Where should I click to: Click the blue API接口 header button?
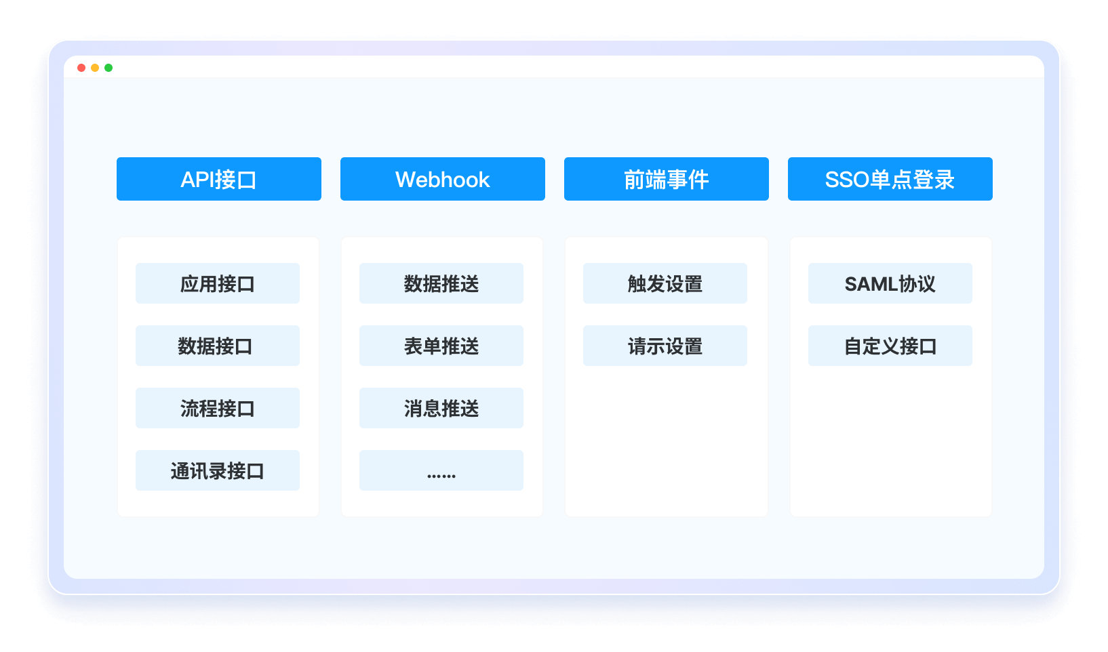(218, 179)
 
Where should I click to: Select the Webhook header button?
(443, 179)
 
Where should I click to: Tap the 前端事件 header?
(667, 179)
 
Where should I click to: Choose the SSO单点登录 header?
(890, 179)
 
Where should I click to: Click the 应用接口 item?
(218, 283)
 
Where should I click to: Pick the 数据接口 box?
(218, 346)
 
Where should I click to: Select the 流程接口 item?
(218, 408)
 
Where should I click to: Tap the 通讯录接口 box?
(218, 470)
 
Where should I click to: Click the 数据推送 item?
(441, 283)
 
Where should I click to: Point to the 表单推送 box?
(441, 346)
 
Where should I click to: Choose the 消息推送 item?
(441, 408)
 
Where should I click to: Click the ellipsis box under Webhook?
(441, 470)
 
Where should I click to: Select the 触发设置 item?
(665, 283)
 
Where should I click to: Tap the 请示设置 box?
(665, 346)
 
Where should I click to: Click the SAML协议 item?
(890, 283)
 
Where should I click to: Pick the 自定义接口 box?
(890, 346)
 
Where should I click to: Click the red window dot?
(81, 68)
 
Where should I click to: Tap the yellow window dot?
(95, 68)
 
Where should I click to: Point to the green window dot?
(108, 68)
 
